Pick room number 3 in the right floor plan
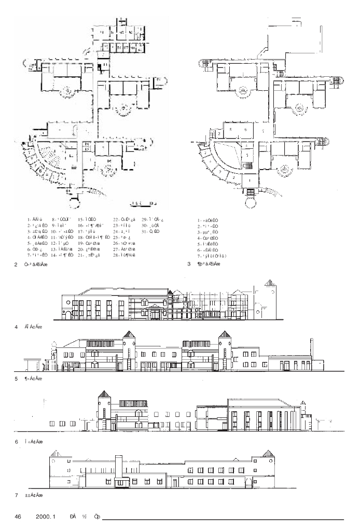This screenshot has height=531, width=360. coord(247,155)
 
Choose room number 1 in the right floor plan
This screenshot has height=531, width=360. coord(249,179)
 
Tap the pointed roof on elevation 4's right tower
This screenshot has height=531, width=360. coord(269,283)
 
